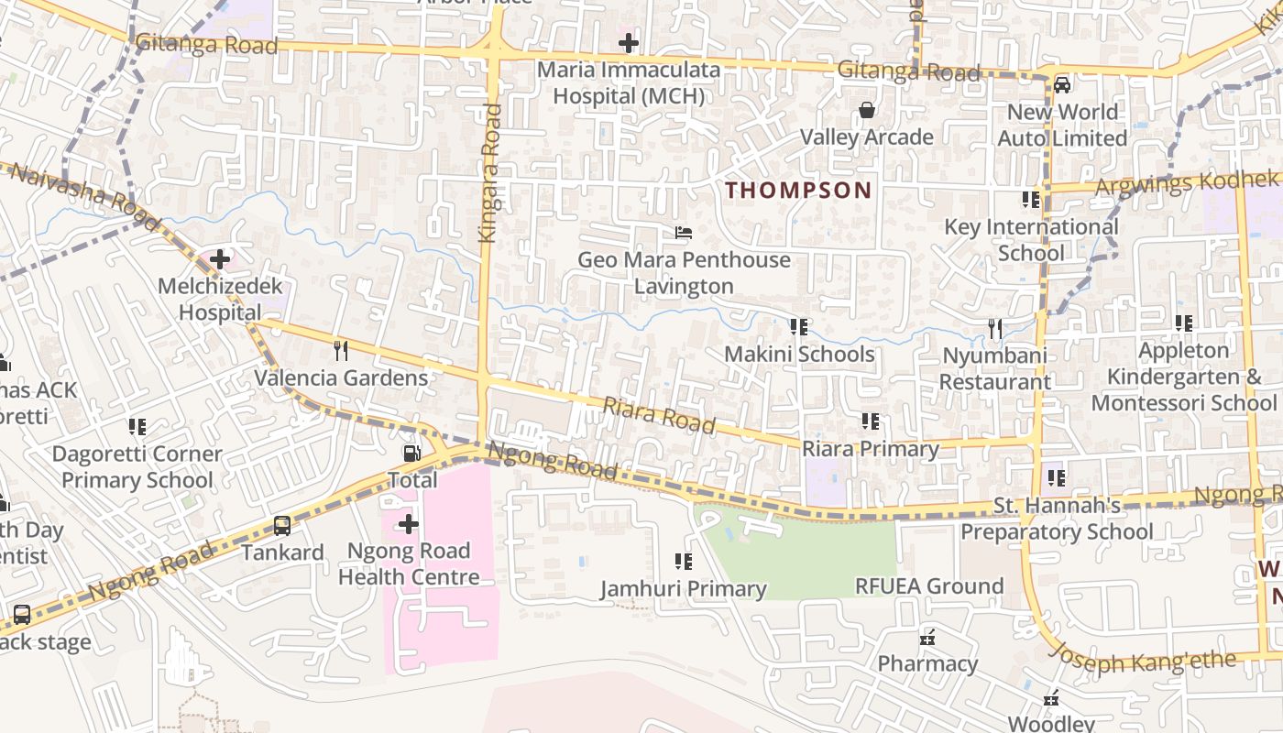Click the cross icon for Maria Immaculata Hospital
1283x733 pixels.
pos(628,42)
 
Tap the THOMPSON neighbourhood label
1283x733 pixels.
pos(798,191)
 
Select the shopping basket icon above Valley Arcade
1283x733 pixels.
pos(866,110)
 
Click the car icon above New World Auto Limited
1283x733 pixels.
pos(1062,85)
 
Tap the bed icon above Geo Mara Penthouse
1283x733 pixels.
pos(684,233)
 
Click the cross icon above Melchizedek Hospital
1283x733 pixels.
pos(220,259)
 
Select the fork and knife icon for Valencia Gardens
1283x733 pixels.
pos(341,350)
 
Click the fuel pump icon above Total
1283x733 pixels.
pos(412,453)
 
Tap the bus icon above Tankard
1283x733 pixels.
pos(282,526)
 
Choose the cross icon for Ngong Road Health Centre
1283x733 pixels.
pos(409,524)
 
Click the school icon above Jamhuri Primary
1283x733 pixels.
pos(684,561)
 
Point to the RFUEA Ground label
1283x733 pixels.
pos(928,585)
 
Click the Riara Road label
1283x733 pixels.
pos(658,415)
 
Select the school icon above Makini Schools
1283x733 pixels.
pos(799,326)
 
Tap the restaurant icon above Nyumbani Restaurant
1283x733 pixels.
pos(994,328)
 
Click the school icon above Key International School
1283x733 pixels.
pos(1031,199)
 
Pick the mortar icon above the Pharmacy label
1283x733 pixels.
pos(927,637)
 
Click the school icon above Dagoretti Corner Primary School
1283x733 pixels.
pos(137,426)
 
